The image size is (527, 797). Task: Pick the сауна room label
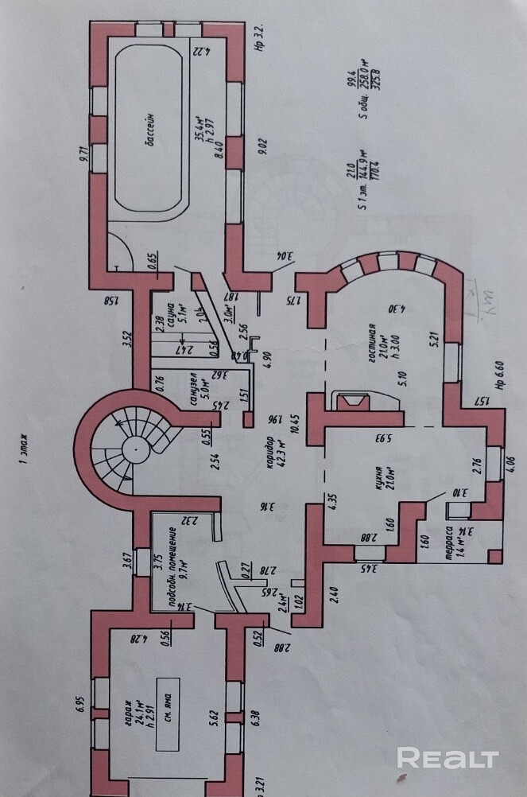coord(169,313)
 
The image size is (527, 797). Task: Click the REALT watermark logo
coord(448,758)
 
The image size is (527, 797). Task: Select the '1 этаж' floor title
coord(25,447)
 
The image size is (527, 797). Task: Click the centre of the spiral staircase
coord(133,449)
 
